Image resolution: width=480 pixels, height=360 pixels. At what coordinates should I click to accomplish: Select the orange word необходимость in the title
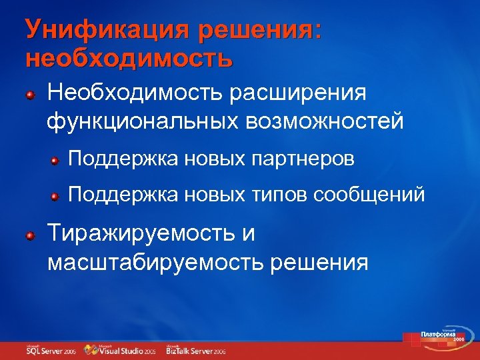pyautogui.click(x=129, y=59)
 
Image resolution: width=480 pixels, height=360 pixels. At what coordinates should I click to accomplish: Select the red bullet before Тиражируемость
pyautogui.click(x=30, y=236)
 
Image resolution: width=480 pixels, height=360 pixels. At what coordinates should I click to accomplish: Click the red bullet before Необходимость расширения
pyautogui.click(x=30, y=95)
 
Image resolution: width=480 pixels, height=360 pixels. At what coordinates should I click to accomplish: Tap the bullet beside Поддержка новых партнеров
pyautogui.click(x=58, y=161)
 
